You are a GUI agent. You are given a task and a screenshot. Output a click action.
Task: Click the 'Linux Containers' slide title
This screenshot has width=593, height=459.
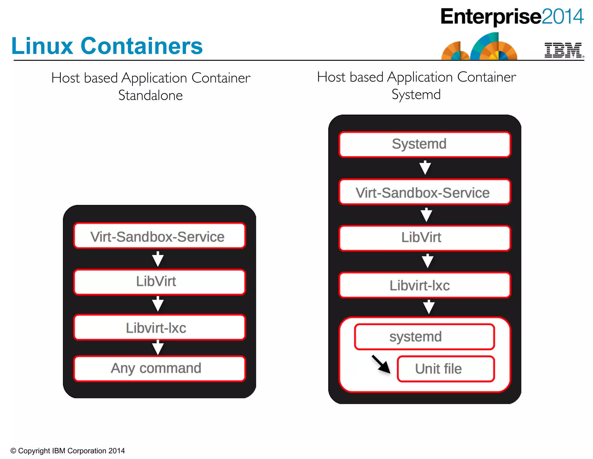[107, 46]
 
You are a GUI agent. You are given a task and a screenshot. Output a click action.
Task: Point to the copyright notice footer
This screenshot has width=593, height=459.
[67, 451]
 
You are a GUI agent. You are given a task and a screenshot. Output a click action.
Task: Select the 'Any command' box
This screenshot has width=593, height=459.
[159, 368]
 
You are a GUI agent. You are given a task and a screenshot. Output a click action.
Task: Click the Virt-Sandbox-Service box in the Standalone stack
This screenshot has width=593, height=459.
[159, 236]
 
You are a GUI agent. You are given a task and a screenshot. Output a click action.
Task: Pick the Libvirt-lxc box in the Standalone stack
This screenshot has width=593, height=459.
[159, 327]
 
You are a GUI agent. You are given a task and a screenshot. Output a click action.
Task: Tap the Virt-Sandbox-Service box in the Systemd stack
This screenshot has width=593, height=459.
[424, 192]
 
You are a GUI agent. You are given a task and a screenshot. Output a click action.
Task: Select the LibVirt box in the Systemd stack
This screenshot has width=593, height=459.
[424, 238]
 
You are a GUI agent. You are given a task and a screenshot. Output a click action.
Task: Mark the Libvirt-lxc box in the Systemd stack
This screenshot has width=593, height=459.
[424, 285]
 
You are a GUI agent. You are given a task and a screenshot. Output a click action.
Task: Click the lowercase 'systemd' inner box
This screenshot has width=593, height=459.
[424, 337]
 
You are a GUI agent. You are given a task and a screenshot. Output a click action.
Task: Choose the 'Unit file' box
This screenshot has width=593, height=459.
[446, 369]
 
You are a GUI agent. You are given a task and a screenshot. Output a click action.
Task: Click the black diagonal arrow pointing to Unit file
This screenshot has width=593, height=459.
[381, 364]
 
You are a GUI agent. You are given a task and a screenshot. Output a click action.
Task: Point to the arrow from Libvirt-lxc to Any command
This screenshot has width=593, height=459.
[158, 347]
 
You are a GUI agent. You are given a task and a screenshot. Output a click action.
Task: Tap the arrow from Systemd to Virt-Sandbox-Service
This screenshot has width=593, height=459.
[425, 167]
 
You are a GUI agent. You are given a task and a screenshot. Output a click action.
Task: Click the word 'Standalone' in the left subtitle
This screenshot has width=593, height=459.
[151, 95]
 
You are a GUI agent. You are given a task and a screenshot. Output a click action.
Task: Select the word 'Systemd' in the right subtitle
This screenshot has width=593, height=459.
[416, 94]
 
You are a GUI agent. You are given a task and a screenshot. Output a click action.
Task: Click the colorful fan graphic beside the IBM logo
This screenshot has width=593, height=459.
[479, 47]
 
